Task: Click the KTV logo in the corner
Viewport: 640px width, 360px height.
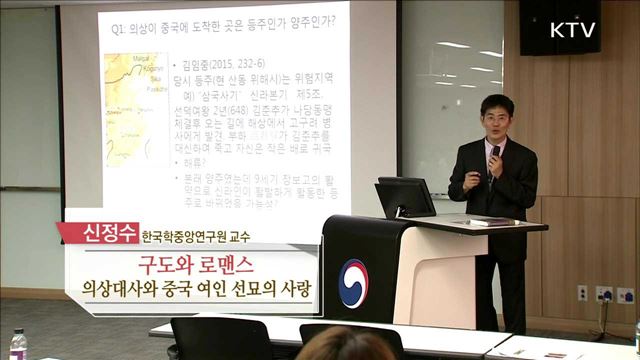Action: point(573,29)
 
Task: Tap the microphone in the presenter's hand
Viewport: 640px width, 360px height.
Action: point(494,152)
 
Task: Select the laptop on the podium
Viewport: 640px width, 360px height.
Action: point(405,197)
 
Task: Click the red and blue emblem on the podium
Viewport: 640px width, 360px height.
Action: point(354,277)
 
